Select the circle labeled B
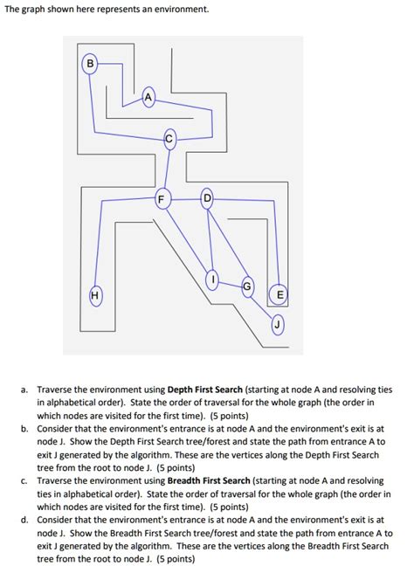(88, 62)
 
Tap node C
(169, 137)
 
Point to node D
(207, 197)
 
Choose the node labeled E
(278, 294)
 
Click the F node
(160, 198)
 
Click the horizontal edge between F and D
(183, 198)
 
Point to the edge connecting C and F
(165, 168)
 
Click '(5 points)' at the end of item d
(168, 558)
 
